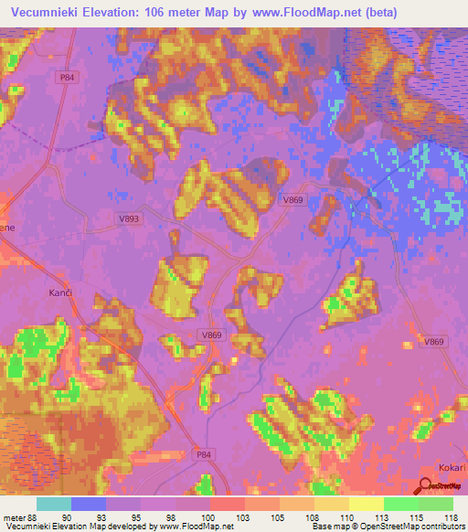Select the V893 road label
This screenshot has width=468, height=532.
click(130, 219)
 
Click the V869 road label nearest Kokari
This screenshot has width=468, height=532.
click(434, 341)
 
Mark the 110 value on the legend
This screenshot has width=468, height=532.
click(350, 517)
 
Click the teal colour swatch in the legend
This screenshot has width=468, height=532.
click(54, 504)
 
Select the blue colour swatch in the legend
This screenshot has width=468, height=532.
click(89, 504)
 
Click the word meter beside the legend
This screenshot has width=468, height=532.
click(13, 517)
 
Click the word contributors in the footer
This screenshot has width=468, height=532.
click(444, 527)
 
